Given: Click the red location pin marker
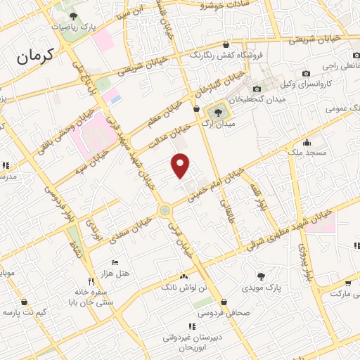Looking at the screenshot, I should click(181, 166).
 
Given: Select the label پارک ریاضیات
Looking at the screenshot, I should click(73, 27).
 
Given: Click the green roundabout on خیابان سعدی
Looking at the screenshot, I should click(165, 210).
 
